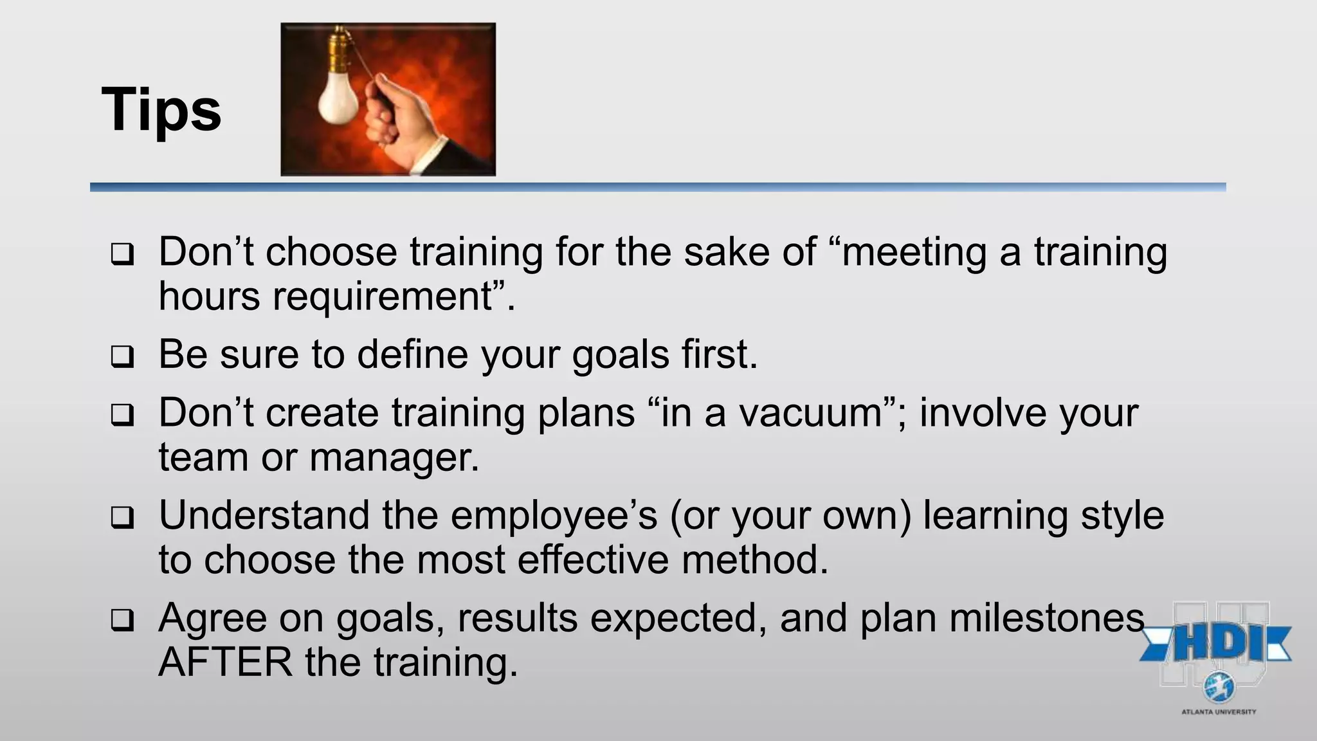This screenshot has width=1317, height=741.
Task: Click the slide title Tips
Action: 161,109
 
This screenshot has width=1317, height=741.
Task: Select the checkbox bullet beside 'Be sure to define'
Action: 122,356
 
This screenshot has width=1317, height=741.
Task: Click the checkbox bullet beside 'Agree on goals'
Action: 122,619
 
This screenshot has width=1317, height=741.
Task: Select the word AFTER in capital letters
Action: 225,662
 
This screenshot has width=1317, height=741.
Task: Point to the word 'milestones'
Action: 1047,618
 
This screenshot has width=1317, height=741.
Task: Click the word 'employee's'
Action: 554,517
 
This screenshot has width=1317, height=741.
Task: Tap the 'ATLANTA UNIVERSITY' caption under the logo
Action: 1219,712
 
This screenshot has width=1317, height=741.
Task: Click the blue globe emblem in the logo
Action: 1219,688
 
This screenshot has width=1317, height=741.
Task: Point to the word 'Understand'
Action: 264,515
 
